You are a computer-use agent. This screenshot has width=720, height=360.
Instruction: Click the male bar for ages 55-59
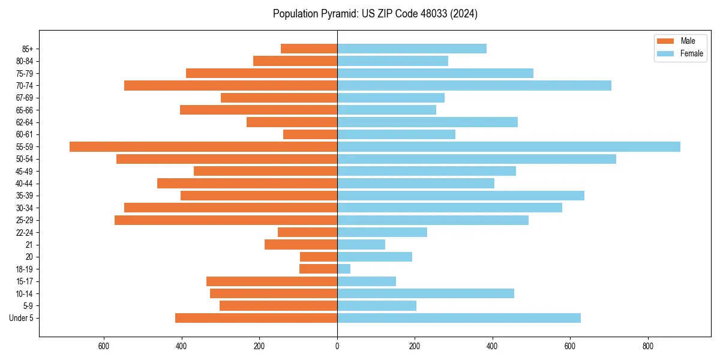(x=203, y=146)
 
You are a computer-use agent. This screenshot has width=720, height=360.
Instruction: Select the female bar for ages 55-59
(x=509, y=146)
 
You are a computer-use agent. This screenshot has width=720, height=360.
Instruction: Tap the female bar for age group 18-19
(x=344, y=269)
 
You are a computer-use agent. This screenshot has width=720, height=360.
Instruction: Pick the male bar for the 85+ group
(x=309, y=49)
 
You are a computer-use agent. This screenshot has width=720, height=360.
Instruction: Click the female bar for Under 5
(x=459, y=318)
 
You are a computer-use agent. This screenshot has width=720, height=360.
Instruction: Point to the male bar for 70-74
(x=231, y=85)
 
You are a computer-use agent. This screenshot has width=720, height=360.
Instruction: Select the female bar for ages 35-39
(x=461, y=196)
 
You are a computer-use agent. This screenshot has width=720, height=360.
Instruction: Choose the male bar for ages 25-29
(x=226, y=220)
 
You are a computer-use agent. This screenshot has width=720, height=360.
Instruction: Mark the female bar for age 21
(x=361, y=244)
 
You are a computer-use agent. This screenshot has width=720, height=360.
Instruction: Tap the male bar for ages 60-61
(x=310, y=134)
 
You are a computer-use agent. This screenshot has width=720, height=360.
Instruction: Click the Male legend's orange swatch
(x=665, y=41)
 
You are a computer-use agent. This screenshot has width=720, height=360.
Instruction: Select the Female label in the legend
(x=691, y=53)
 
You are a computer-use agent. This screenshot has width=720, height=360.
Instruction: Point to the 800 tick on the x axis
(x=647, y=346)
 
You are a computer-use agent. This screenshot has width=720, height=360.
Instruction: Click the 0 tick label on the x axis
(x=337, y=346)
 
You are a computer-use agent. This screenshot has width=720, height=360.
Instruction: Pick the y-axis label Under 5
(x=22, y=318)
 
